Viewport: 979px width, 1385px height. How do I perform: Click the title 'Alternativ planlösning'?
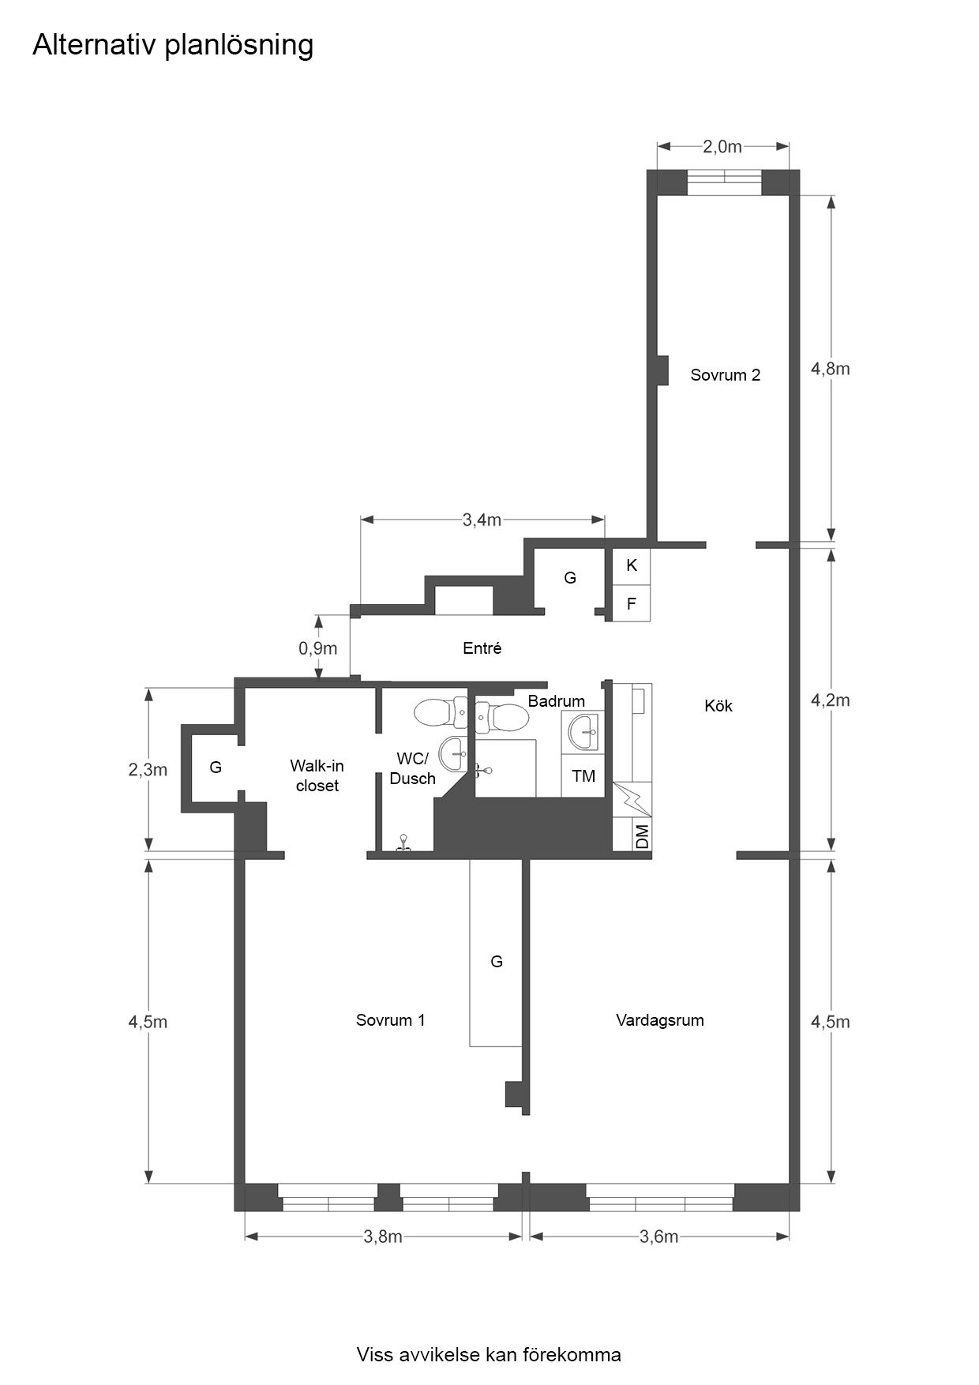pos(173,46)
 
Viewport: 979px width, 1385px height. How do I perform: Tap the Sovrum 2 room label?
pos(725,375)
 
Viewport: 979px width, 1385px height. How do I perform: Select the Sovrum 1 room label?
pos(390,1020)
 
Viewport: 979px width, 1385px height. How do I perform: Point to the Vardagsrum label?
pos(659,1020)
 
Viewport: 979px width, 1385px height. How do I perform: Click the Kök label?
pos(718,706)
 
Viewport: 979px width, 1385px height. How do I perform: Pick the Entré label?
pos(482,648)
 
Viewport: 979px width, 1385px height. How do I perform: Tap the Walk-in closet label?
pos(317,775)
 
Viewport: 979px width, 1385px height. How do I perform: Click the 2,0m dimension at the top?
pos(722,146)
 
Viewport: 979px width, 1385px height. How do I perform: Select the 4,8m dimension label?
pos(831,368)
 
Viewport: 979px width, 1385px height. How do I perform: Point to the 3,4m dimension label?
pos(482,520)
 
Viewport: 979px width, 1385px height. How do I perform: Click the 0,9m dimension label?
pos(317,648)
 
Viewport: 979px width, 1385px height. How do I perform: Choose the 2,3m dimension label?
pos(148,769)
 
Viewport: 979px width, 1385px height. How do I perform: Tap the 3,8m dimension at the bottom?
pos(383,1237)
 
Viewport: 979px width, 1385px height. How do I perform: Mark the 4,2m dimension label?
pos(831,700)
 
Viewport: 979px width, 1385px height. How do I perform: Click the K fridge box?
pos(632,565)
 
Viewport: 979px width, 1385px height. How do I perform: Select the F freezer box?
pos(632,604)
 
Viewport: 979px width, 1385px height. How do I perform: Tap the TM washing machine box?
pos(583,776)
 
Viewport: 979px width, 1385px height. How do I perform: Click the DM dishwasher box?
pos(642,836)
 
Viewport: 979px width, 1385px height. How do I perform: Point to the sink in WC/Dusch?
pos(453,753)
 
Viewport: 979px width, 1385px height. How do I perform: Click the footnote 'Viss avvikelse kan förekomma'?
pos(489,1355)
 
